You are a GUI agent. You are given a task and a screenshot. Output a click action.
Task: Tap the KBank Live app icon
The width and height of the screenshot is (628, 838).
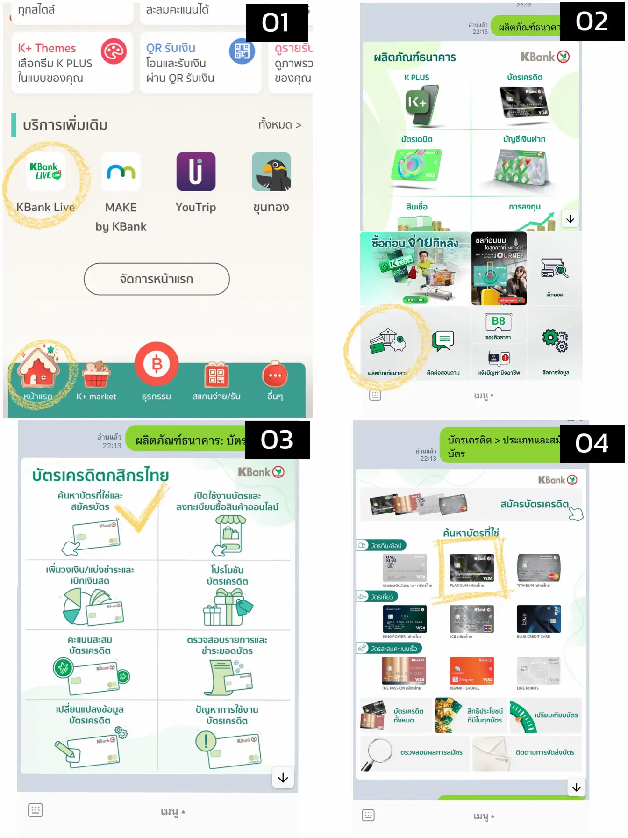(45, 172)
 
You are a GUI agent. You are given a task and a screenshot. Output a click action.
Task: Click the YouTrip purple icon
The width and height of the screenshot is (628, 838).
(196, 172)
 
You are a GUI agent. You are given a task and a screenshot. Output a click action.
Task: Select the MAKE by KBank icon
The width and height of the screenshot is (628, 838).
(121, 172)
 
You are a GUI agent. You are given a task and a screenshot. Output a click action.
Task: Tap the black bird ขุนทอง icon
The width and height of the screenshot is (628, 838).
(271, 172)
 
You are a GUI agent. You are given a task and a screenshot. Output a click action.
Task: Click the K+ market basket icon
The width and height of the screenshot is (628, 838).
(96, 374)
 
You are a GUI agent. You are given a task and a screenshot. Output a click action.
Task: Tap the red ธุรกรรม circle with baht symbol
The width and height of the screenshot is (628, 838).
(157, 364)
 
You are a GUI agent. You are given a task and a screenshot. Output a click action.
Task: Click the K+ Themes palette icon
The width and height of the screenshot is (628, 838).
(114, 51)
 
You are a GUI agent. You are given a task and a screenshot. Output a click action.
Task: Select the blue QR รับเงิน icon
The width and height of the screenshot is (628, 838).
(242, 51)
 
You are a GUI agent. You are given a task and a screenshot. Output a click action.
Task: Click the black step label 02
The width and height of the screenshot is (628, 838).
(592, 22)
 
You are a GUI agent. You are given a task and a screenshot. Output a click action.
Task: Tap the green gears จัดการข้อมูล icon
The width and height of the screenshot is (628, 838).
(555, 340)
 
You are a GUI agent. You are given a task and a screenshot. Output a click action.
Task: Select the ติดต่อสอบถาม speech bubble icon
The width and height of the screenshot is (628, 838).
(443, 340)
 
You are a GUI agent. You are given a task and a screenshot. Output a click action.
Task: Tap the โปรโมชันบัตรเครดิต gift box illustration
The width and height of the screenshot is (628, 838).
(227, 607)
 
